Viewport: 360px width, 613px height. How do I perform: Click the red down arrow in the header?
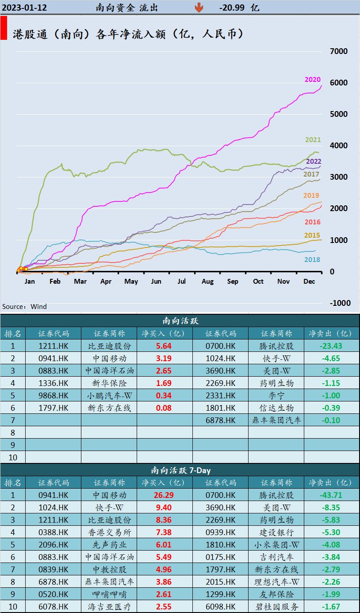click(x=199, y=8)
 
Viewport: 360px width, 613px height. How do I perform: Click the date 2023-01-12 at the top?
click(x=24, y=8)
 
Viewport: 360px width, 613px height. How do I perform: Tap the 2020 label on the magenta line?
click(x=312, y=80)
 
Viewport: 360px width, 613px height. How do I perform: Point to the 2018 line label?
click(x=312, y=260)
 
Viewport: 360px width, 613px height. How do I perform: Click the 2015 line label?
click(x=312, y=235)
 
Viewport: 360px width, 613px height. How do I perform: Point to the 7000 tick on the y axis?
click(x=339, y=51)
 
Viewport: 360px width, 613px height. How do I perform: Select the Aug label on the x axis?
click(x=207, y=281)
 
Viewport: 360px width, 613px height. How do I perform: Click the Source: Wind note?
click(x=24, y=307)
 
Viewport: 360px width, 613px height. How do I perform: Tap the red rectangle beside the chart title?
click(x=4, y=28)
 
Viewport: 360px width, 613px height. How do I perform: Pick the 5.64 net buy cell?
click(x=165, y=346)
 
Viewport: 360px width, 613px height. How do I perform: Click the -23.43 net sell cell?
click(x=331, y=346)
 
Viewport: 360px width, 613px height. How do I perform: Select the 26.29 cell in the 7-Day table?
click(x=164, y=495)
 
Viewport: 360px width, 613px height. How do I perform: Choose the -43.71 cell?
click(x=331, y=495)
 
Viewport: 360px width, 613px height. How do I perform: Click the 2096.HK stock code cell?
click(x=53, y=545)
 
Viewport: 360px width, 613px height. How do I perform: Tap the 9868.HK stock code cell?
click(x=53, y=396)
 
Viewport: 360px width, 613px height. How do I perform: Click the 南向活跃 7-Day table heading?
click(x=180, y=470)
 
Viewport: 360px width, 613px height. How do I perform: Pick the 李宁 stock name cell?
click(x=276, y=396)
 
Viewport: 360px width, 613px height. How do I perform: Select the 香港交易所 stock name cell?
click(x=109, y=532)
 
